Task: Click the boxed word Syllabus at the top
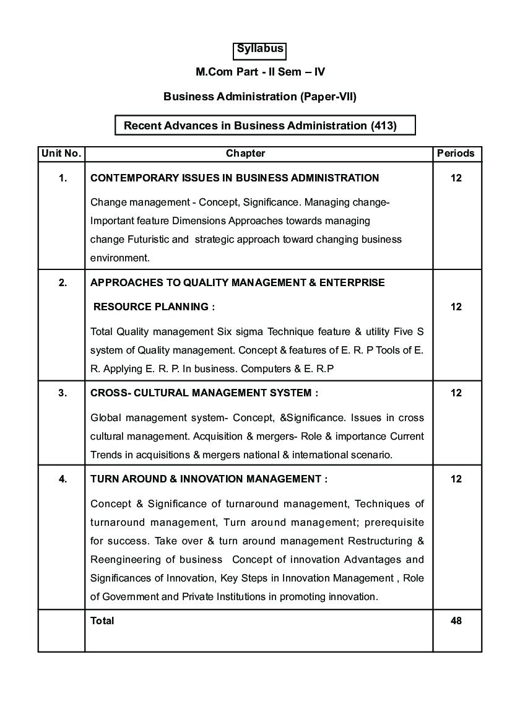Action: coord(260,49)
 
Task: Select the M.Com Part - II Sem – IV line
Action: coord(260,72)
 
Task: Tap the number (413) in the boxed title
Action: coord(383,126)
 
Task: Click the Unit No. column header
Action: coord(61,154)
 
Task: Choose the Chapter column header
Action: coord(245,154)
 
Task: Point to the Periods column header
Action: coord(456,154)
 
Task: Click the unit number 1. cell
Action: coord(63,178)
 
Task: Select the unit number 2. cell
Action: coord(63,283)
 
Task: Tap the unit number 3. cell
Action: coord(63,393)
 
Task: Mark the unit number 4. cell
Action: coord(63,479)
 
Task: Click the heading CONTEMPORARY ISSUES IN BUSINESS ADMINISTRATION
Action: coord(235,178)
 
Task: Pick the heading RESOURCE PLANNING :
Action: coord(154,307)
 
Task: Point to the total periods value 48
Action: coord(456,621)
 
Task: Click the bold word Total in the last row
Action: coord(102,621)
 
